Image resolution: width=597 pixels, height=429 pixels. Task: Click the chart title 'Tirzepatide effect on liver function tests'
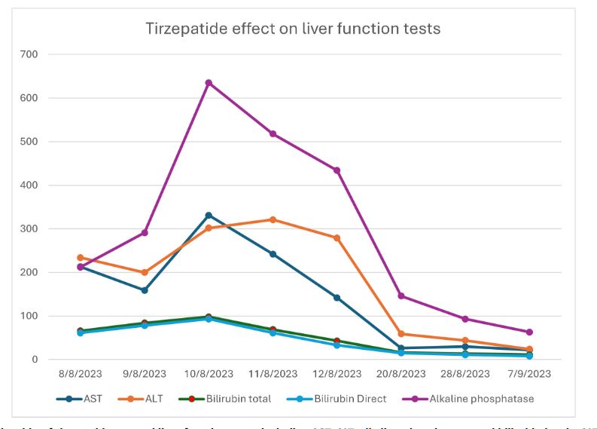coord(293,29)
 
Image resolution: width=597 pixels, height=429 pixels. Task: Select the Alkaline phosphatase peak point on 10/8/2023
coord(209,83)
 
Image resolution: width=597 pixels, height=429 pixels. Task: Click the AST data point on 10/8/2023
coord(209,216)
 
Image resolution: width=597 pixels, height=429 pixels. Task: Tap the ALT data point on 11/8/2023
coord(273,219)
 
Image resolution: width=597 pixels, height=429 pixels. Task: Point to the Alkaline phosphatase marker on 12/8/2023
coord(337,170)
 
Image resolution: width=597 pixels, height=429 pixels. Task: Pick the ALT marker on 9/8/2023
coord(145,272)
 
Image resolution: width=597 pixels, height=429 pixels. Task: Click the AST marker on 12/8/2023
coord(337,298)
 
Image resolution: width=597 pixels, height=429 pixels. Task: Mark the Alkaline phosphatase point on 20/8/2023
coord(401,296)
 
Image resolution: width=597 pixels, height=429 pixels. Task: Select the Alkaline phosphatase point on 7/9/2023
coord(529,332)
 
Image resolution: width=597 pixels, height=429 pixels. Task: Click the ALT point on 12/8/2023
coord(337,237)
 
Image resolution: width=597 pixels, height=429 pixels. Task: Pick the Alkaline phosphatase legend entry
coord(474,397)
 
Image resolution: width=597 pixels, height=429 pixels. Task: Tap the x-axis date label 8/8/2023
coord(81,372)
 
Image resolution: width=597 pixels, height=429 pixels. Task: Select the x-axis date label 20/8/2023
coord(401,372)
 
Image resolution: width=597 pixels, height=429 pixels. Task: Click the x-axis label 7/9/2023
coord(529,372)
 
